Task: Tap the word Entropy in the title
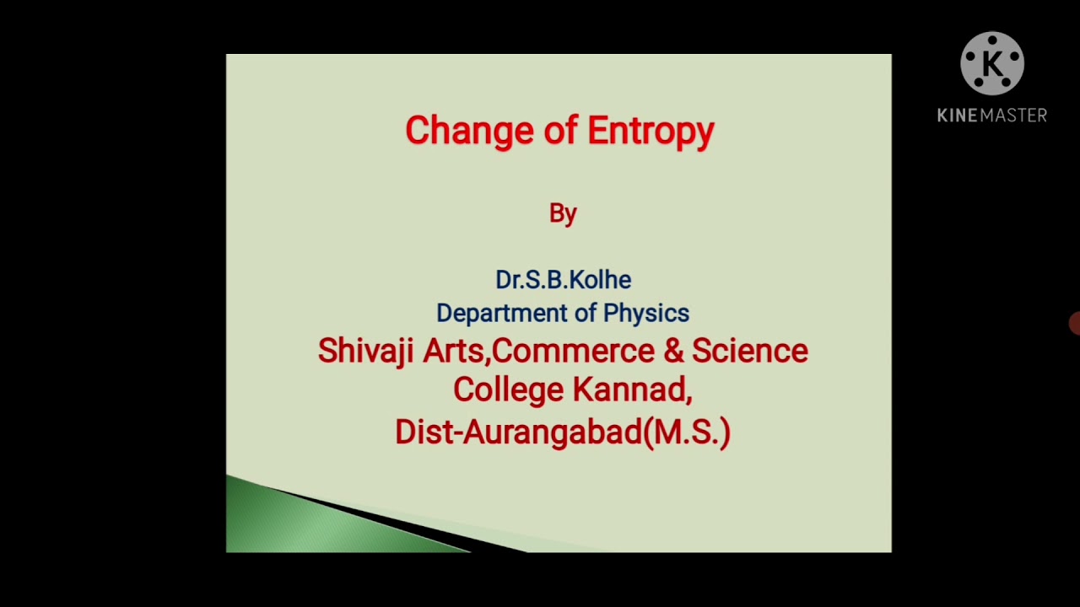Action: pos(651,131)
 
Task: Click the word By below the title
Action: pos(563,213)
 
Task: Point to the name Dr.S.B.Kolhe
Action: pos(563,279)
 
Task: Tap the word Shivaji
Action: pos(365,351)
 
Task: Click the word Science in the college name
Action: pos(750,351)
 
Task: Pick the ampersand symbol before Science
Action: pos(672,351)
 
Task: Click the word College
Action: pos(508,389)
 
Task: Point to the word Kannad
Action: pos(632,389)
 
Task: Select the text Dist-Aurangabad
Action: pos(518,432)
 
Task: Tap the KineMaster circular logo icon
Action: pos(992,64)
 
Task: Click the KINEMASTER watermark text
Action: pos(992,115)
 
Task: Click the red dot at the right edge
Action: pos(1075,323)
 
